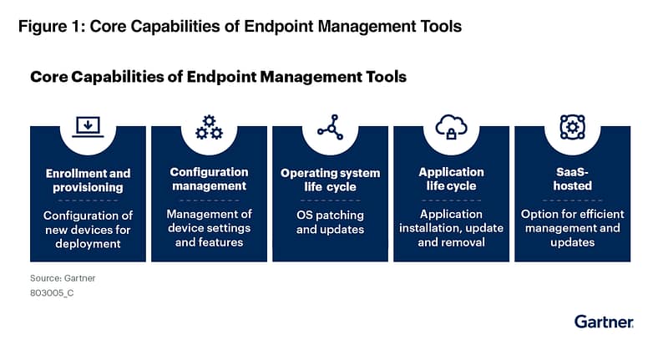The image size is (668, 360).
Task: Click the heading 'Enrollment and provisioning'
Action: tap(88, 180)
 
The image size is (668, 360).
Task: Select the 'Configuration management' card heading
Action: tap(209, 179)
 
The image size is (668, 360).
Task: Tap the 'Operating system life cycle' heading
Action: tap(330, 180)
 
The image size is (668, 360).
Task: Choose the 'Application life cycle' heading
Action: tap(451, 179)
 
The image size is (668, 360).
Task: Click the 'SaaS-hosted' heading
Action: tap(572, 179)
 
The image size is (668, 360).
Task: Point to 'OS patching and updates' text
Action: tap(330, 221)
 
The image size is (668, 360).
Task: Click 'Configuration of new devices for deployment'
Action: tap(88, 228)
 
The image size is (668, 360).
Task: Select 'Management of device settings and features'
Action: tap(209, 228)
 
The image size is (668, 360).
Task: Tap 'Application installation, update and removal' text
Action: tap(451, 228)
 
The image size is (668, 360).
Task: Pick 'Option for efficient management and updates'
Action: tap(572, 228)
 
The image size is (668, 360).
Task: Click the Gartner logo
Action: tap(604, 321)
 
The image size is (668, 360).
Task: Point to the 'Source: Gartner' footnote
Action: tap(57, 277)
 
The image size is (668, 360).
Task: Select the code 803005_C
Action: tap(52, 293)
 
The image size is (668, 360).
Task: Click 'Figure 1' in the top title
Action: tap(50, 26)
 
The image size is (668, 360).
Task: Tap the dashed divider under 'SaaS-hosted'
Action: tap(572, 200)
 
